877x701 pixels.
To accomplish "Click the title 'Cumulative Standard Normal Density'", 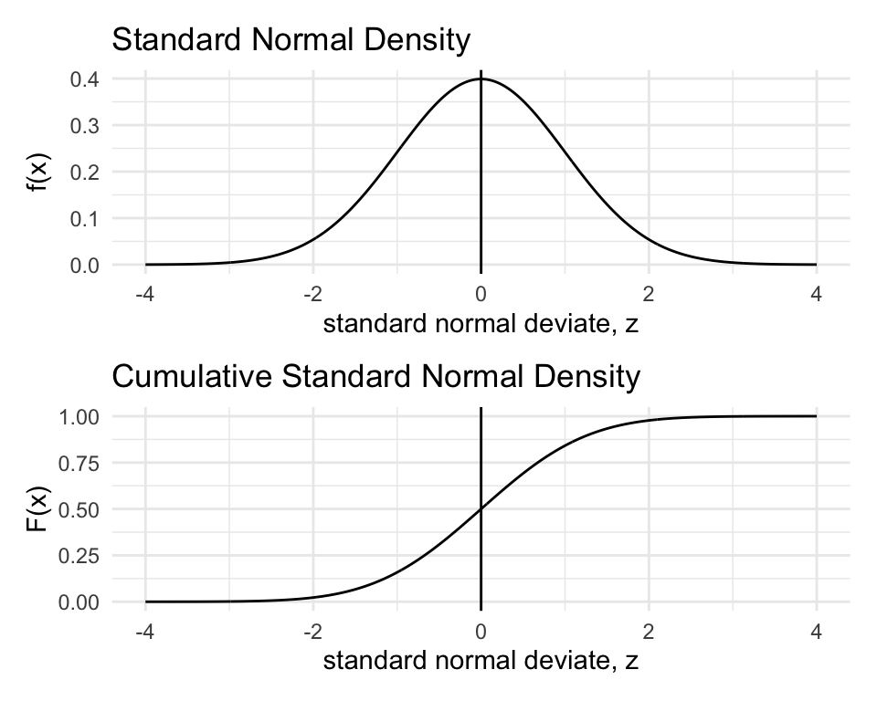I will (375, 377).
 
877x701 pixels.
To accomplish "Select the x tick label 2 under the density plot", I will (649, 294).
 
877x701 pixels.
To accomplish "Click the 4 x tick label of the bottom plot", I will (817, 631).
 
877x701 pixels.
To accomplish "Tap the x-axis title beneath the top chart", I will (480, 324).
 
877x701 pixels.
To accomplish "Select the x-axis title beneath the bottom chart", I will (480, 661).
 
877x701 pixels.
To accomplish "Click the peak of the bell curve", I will (481, 79).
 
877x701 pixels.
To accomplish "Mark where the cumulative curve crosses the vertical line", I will (481, 509).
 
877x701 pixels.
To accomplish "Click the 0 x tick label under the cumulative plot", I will (481, 631).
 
